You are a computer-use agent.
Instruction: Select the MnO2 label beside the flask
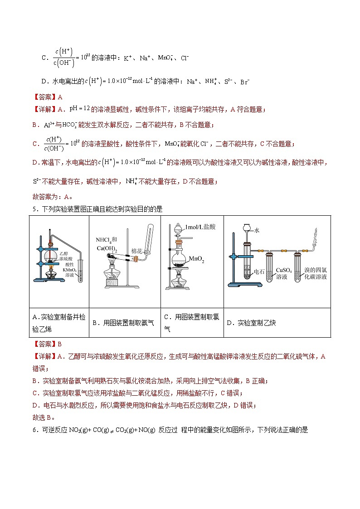[x=198, y=259]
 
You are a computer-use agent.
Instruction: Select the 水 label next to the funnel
[x=257, y=230]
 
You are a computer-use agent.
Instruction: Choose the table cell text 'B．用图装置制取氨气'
[x=123, y=323]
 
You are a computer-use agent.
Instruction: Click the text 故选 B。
[x=43, y=417]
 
